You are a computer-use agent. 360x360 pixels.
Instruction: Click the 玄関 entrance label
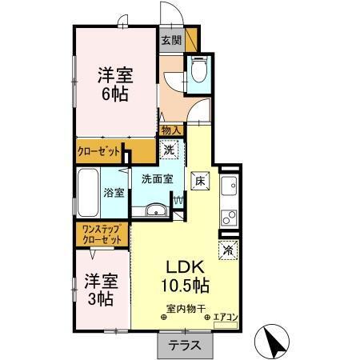171,40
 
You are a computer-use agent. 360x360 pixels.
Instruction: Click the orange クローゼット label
100,150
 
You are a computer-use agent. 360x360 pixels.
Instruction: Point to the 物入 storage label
170,130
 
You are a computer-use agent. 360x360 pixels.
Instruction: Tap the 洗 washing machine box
170,149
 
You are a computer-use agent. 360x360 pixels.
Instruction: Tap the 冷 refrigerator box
229,250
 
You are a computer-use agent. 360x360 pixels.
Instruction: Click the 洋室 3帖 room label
99,291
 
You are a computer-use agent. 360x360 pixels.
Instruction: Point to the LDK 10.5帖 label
186,276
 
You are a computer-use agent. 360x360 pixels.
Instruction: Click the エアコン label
226,318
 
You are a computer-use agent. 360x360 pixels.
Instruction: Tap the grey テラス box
185,346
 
